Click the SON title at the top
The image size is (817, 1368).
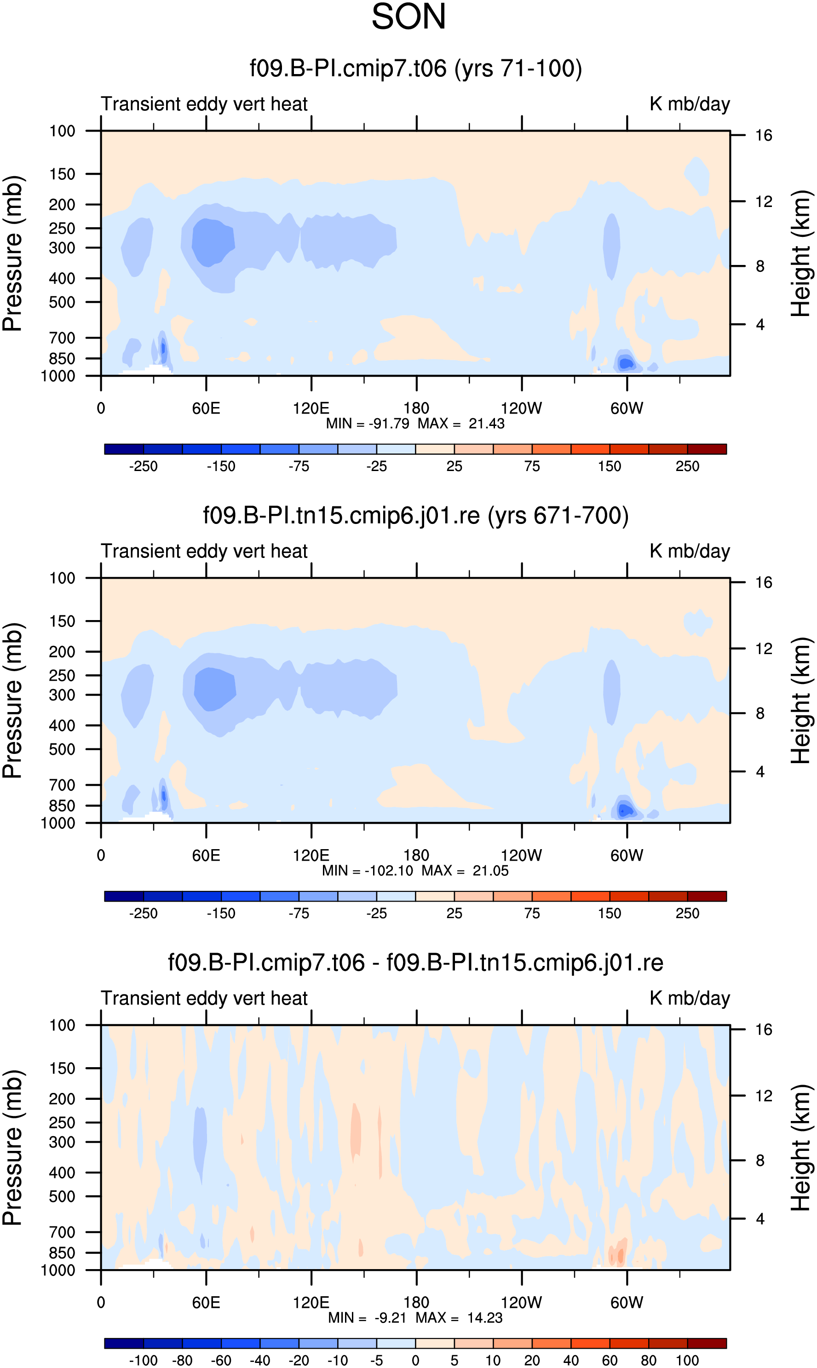tap(408, 17)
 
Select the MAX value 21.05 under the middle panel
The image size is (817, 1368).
tap(490, 870)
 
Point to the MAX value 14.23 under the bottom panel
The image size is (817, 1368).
tap(484, 1317)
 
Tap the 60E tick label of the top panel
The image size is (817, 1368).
tap(206, 408)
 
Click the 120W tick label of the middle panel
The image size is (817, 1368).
tap(521, 856)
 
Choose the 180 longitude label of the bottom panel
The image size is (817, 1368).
tap(416, 1303)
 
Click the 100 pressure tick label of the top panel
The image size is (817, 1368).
tap(62, 131)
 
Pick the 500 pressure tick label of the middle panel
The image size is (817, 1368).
tap(62, 749)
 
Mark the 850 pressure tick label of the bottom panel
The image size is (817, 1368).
tap(62, 1253)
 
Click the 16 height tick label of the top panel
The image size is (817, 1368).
tap(764, 135)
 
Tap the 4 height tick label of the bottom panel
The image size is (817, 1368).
tap(760, 1219)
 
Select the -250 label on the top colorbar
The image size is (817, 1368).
tap(143, 466)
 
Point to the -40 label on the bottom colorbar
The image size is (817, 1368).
tap(260, 1360)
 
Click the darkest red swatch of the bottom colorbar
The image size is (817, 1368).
tap(707, 1343)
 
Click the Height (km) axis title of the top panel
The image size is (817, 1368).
tap(801, 253)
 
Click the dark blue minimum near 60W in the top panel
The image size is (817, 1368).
tap(626, 364)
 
